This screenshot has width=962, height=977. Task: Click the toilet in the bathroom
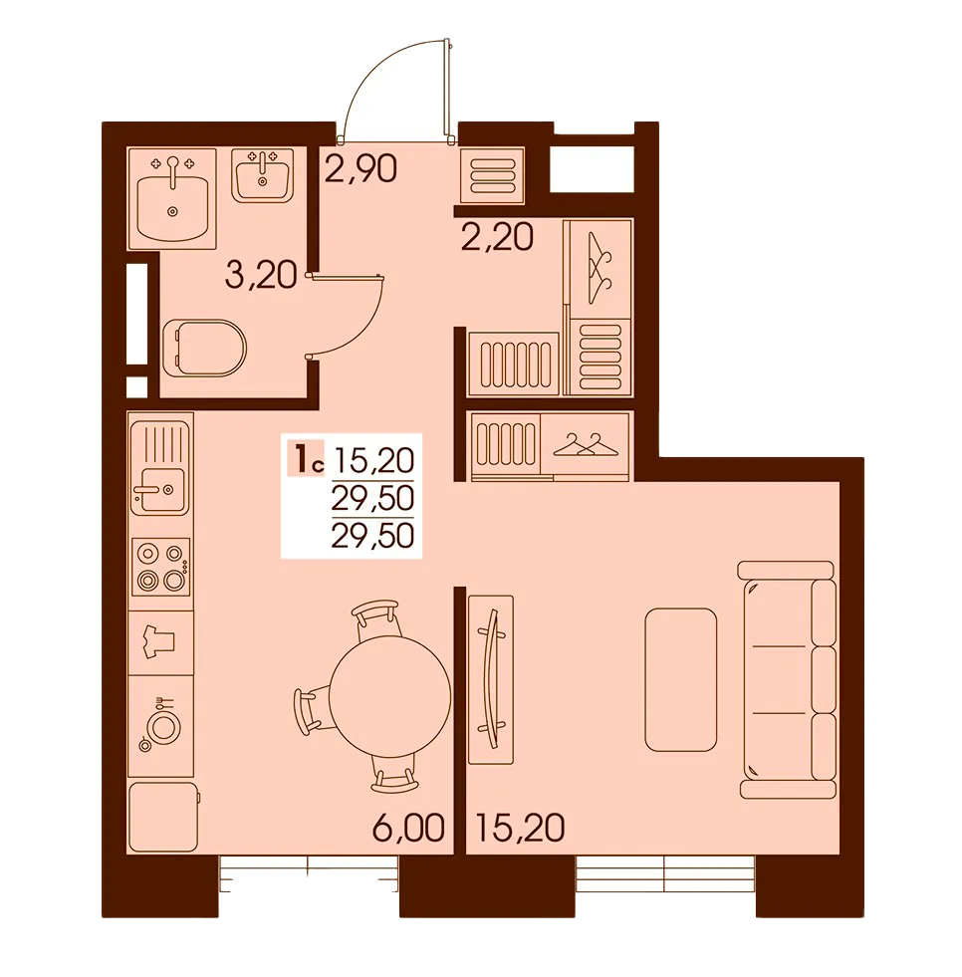[x=204, y=349]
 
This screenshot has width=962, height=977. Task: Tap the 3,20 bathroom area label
[x=261, y=275]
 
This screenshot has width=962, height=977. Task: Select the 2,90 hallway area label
[x=361, y=168]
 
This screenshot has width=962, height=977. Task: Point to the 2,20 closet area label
[x=497, y=236]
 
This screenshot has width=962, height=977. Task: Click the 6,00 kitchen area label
[x=408, y=828]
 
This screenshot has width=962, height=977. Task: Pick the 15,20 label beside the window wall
[x=520, y=828]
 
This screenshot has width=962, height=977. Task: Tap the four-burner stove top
[x=160, y=567]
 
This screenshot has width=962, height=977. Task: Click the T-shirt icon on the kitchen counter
[x=159, y=641]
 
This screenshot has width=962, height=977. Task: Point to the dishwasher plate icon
[x=163, y=725]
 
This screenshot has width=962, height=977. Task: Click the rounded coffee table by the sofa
[x=681, y=680]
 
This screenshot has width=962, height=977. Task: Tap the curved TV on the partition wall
[x=491, y=679]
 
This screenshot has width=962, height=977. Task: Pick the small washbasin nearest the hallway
[x=262, y=175]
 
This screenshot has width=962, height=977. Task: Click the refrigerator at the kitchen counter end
[x=162, y=817]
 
